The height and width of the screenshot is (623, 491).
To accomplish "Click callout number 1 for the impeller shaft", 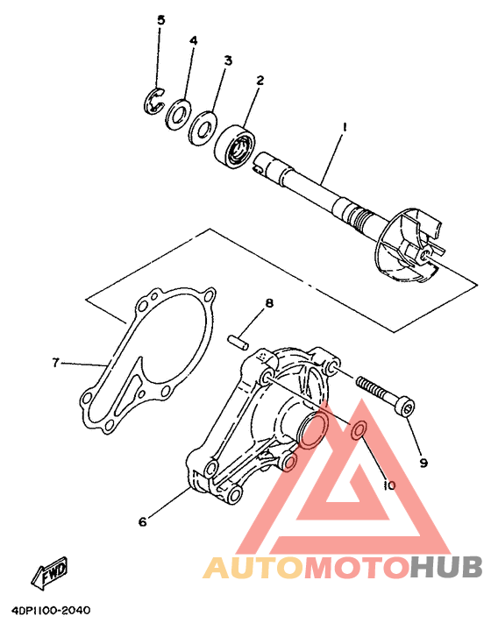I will (x=345, y=128).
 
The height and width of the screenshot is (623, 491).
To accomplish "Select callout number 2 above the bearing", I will (x=260, y=81).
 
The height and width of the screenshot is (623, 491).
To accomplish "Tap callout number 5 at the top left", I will (x=160, y=20).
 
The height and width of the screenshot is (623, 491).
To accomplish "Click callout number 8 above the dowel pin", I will (x=269, y=303).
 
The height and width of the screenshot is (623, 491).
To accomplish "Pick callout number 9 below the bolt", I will (x=423, y=462).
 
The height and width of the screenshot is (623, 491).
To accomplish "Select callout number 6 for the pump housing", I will (x=141, y=522).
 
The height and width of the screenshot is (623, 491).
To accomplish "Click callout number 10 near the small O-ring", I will (x=389, y=484).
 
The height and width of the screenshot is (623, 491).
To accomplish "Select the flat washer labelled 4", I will (x=180, y=111).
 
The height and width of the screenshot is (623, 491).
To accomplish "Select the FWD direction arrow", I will (x=49, y=572).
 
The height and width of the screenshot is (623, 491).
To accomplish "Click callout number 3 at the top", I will (x=228, y=60).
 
